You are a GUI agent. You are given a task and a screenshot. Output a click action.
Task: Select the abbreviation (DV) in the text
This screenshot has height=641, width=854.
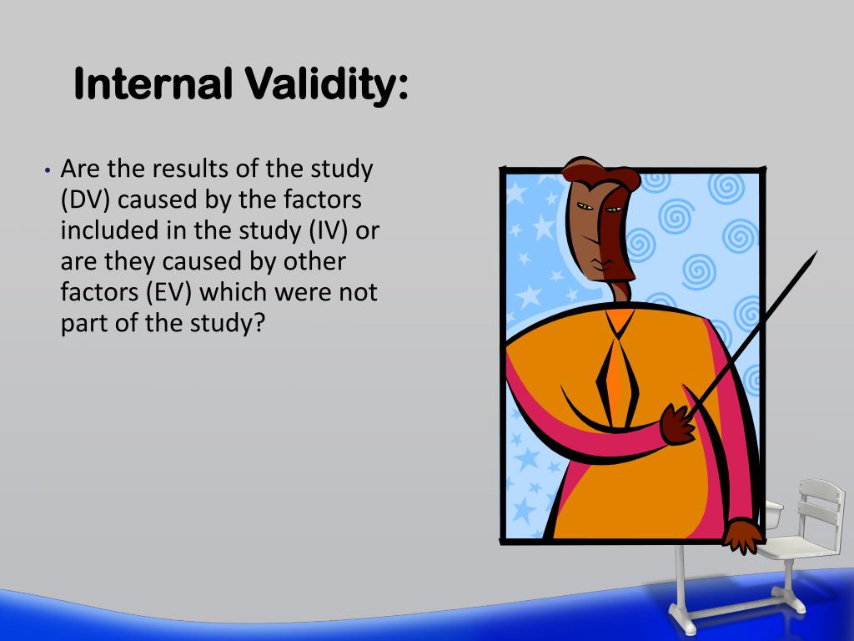(87, 199)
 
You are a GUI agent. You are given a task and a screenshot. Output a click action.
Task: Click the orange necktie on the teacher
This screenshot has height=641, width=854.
(615, 375)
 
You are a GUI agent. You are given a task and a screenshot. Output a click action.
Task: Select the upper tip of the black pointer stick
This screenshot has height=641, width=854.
(813, 255)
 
